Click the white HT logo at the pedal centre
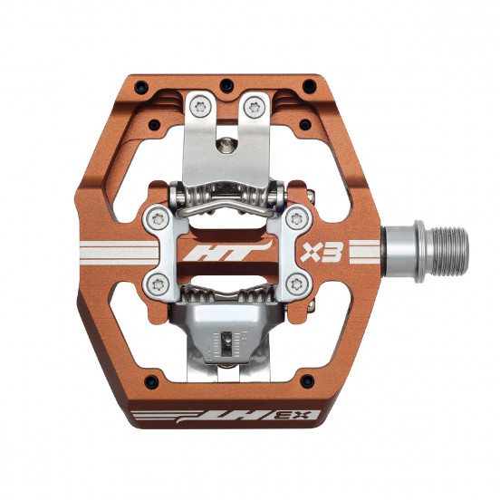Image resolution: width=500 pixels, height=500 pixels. click(227, 251)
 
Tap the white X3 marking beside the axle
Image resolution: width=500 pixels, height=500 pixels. click(322, 252)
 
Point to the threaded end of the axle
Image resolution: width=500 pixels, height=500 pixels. click(450, 251)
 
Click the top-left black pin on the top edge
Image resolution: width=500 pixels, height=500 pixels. click(141, 87)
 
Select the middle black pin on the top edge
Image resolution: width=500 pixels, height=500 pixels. click(226, 86)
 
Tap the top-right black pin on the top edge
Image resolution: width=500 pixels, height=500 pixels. click(309, 86)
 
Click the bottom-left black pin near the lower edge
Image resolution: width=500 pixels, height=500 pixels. click(151, 381)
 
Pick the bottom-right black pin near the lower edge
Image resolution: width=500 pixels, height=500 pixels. click(307, 381)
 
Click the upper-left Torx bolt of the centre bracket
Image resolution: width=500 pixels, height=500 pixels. click(158, 219)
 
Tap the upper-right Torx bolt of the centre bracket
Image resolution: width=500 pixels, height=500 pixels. click(297, 219)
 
